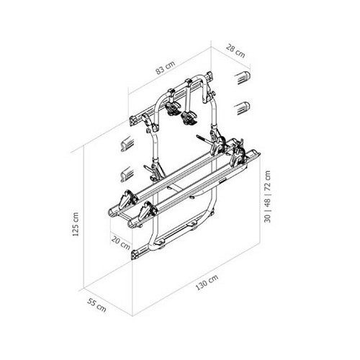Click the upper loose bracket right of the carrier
pos(243,76)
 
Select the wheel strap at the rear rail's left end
pos(149,210)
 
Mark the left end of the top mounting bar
pos(135,117)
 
